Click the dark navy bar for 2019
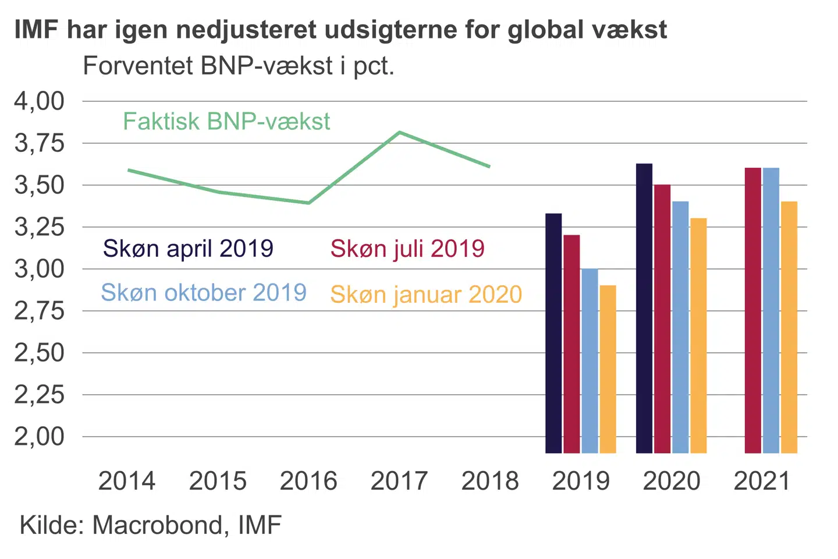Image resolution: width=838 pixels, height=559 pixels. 553,333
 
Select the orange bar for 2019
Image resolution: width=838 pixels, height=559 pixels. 608,369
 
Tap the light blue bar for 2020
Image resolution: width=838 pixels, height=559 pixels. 680,327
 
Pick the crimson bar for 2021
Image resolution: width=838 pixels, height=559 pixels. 753,310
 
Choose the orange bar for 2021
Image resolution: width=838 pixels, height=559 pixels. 789,327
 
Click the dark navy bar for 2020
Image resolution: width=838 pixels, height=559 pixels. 644,309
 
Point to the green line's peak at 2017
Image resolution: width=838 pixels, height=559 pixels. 400,133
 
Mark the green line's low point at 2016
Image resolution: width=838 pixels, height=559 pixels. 309,203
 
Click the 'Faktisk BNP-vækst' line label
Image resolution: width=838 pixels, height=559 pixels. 226,122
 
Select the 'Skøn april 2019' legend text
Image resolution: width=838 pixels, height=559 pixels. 188,249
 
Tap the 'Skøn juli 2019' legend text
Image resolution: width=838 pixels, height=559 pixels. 407,249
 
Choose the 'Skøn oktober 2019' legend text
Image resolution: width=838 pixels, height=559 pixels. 204,292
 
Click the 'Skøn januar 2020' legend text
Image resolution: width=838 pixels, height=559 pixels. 426,295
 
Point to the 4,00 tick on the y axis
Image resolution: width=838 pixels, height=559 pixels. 40,101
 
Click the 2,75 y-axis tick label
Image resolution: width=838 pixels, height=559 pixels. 40,311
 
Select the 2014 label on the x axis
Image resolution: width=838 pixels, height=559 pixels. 127,481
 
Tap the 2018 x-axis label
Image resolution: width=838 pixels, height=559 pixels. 490,481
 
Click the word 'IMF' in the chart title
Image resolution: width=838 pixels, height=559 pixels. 35,30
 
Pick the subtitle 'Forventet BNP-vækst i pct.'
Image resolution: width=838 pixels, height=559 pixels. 239,66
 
